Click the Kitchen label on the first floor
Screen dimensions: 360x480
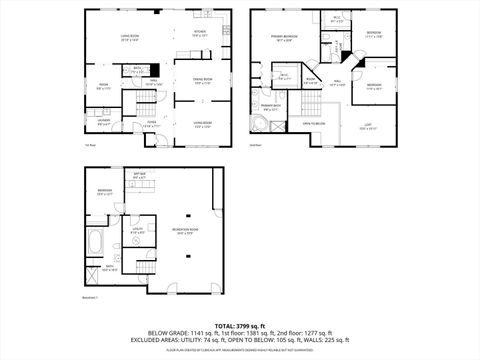(199, 33)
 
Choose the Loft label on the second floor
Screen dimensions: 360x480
(369, 126)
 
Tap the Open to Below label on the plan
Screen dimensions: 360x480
(313, 123)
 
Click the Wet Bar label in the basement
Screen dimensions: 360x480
(140, 176)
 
